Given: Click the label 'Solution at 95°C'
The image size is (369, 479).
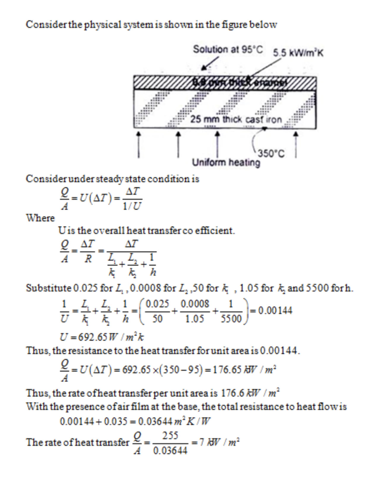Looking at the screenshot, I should (228, 49).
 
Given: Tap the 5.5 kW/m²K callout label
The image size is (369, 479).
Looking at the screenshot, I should (298, 53).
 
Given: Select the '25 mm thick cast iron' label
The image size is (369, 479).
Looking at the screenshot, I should (236, 119).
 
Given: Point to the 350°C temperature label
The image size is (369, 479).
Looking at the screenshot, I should (271, 154).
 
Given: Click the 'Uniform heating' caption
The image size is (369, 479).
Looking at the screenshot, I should (226, 162).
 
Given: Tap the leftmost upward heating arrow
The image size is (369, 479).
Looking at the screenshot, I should (138, 145).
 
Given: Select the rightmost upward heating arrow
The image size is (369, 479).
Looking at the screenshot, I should (295, 145).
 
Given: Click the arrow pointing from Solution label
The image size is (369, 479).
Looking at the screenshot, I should (210, 63).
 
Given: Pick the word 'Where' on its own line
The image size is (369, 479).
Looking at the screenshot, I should (40, 218).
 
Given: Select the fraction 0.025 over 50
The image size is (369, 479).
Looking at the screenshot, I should (157, 311).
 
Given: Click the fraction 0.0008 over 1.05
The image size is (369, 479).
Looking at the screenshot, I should (195, 311).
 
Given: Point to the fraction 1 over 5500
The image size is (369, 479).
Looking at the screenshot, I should (231, 311).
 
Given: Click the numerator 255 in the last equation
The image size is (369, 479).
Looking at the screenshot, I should (170, 436).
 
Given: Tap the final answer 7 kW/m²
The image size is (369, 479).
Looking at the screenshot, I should (219, 442).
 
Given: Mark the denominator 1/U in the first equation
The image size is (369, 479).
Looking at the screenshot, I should (132, 206).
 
